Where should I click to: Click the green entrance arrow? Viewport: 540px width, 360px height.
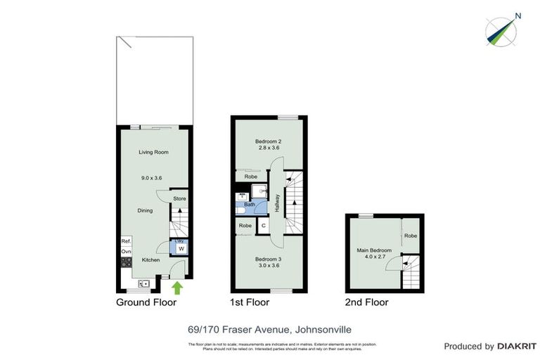tap(177, 287)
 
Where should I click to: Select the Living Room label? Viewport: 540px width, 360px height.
tap(153, 152)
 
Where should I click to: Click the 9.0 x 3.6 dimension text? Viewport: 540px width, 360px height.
tap(151, 179)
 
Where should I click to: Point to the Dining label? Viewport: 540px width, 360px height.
tap(145, 210)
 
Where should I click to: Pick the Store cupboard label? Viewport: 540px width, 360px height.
tap(180, 199)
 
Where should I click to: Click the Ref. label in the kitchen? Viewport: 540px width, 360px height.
tap(127, 241)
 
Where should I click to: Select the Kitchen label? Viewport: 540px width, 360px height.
tap(151, 260)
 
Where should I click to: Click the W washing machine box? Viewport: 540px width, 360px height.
tap(180, 248)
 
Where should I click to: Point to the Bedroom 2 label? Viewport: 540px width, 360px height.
tap(268, 141)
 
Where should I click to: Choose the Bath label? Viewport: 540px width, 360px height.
tap(250, 204)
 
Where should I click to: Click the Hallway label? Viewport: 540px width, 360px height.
tap(278, 204)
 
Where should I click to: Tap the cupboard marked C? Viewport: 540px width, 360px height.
tap(262, 226)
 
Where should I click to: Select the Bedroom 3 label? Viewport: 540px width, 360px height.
tap(268, 259)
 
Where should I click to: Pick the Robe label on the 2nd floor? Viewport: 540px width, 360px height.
tap(411, 236)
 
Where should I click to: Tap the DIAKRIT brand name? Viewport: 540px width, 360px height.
tap(518, 346)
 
